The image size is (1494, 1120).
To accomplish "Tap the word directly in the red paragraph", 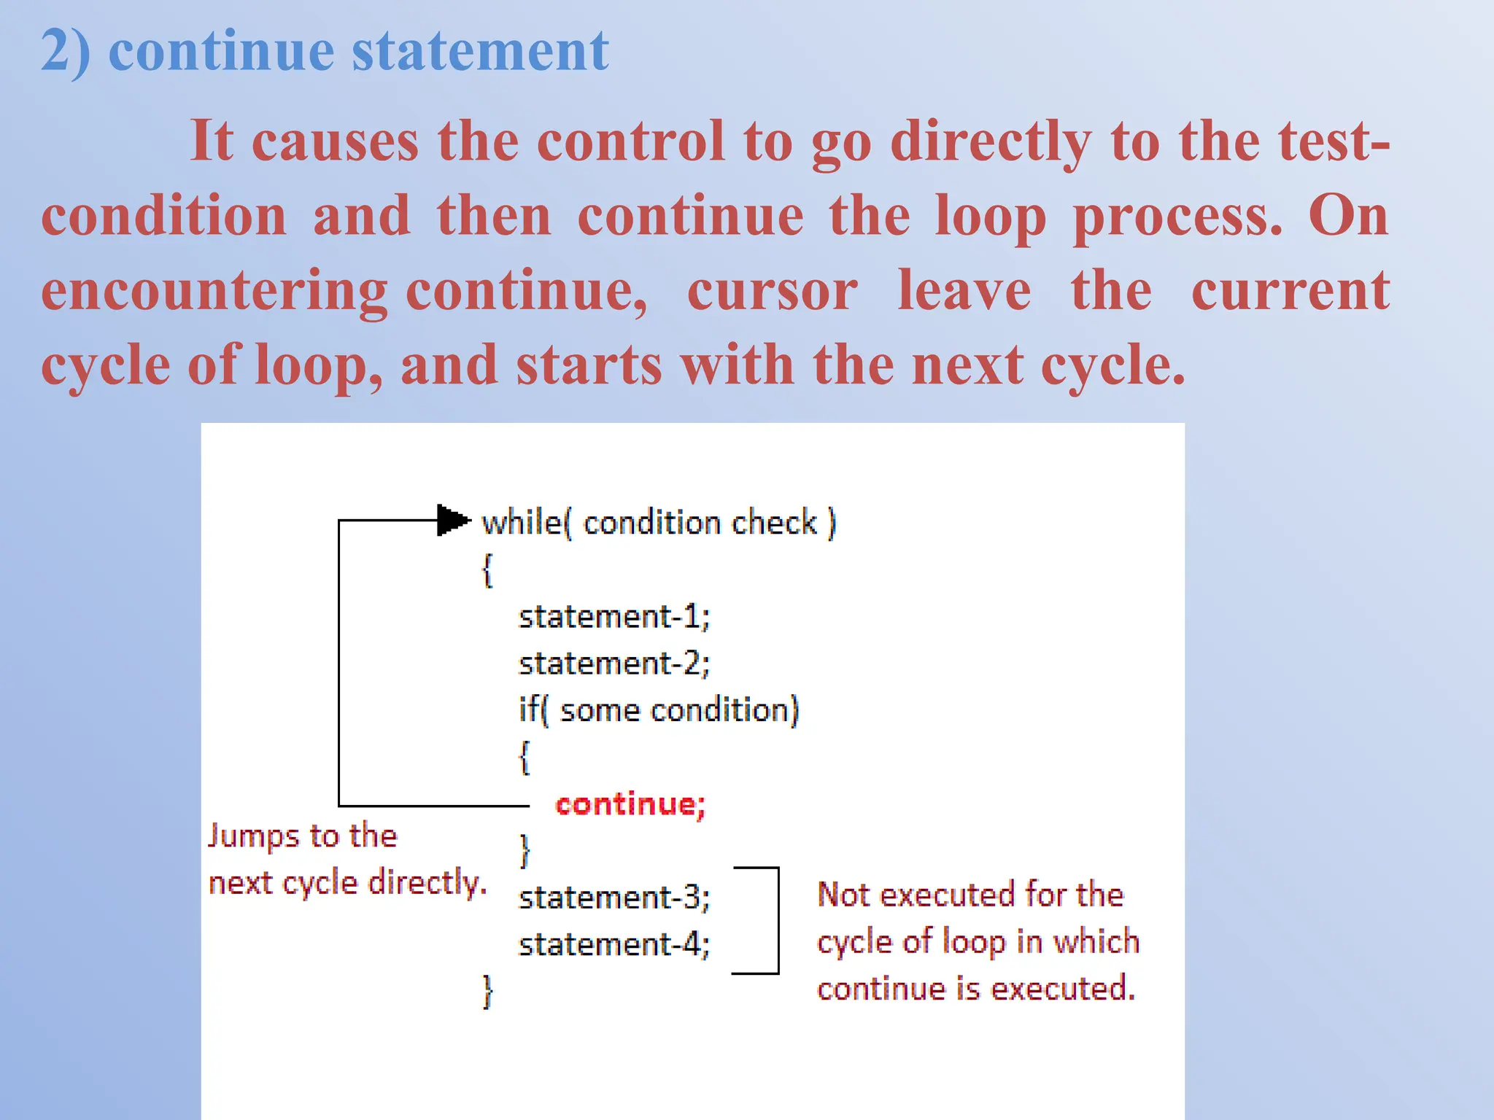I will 991,141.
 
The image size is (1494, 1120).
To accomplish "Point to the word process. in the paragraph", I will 1177,217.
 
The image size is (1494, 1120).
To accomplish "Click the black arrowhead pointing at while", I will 452,520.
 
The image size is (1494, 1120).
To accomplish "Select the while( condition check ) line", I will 659,523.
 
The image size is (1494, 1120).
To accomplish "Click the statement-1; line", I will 614,617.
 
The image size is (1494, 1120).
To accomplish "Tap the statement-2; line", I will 614,664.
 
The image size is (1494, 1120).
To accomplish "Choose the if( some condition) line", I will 658,710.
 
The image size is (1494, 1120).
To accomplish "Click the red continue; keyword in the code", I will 630,804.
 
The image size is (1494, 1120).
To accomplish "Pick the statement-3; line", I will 614,898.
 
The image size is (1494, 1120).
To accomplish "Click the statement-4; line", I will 614,945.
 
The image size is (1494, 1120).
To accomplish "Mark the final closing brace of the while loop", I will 487,992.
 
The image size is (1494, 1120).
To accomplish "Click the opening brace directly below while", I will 487,570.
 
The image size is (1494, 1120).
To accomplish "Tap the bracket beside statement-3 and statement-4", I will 778,920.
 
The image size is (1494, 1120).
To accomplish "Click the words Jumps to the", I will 302,836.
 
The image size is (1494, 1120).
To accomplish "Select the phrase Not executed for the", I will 969,895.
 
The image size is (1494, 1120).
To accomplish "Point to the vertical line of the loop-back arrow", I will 339,664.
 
